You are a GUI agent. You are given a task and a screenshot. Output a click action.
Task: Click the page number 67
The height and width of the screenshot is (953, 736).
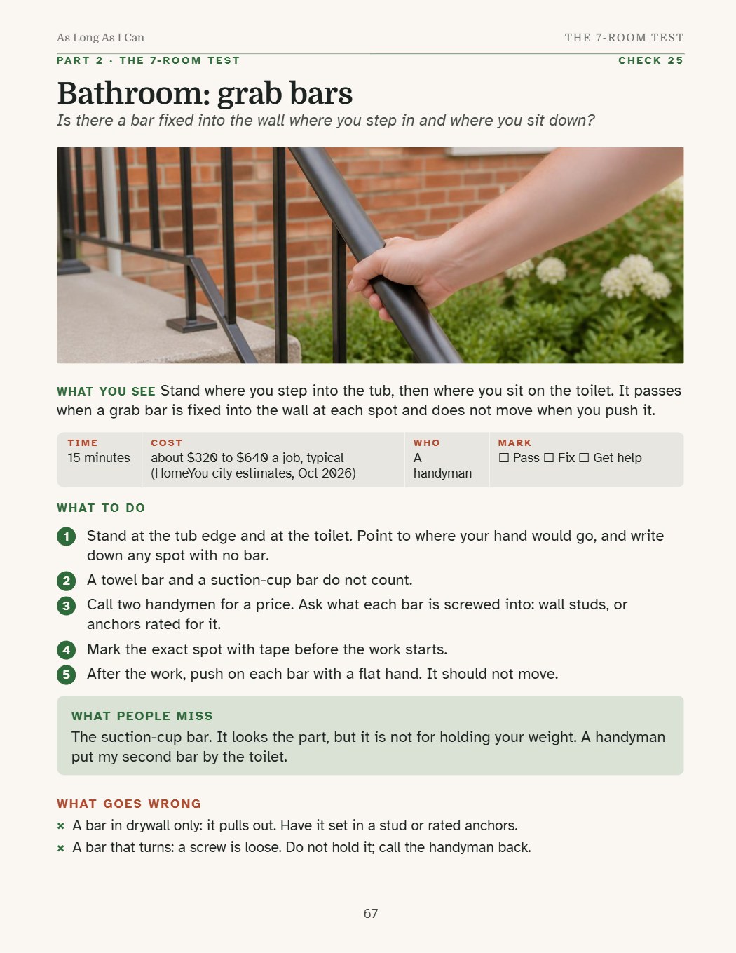pyautogui.click(x=370, y=914)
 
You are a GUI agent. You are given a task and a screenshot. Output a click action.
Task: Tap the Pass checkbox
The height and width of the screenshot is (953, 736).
pyautogui.click(x=504, y=458)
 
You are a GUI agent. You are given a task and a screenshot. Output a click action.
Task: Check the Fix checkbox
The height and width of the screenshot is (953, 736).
pyautogui.click(x=548, y=458)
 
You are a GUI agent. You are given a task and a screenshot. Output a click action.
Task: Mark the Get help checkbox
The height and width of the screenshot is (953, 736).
pyautogui.click(x=584, y=458)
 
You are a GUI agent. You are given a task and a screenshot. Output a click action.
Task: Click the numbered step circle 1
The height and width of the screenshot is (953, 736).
pyautogui.click(x=66, y=536)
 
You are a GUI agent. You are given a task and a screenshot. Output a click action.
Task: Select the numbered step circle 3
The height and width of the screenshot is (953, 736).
pyautogui.click(x=66, y=606)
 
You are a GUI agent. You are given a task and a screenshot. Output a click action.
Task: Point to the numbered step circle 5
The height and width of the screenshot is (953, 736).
pyautogui.click(x=66, y=675)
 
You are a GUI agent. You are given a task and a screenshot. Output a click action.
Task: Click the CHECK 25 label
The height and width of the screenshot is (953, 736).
pyautogui.click(x=650, y=60)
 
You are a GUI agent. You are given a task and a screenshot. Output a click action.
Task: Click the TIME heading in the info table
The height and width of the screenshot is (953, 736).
pyautogui.click(x=83, y=443)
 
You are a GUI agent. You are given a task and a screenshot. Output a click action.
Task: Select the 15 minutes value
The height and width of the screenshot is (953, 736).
pyautogui.click(x=99, y=458)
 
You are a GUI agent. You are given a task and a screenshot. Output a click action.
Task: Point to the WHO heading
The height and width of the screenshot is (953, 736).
pyautogui.click(x=426, y=443)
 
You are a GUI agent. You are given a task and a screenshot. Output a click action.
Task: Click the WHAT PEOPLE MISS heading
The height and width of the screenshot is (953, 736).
pyautogui.click(x=142, y=716)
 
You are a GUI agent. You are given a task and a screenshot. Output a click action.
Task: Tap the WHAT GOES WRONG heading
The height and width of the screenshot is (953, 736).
pyautogui.click(x=129, y=804)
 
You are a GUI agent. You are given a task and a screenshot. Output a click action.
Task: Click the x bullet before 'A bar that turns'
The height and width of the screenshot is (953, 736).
pyautogui.click(x=61, y=849)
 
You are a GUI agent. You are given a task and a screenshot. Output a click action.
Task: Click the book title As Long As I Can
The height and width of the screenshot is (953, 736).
pyautogui.click(x=100, y=38)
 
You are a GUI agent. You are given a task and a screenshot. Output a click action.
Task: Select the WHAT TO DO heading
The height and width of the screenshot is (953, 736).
pyautogui.click(x=101, y=508)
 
